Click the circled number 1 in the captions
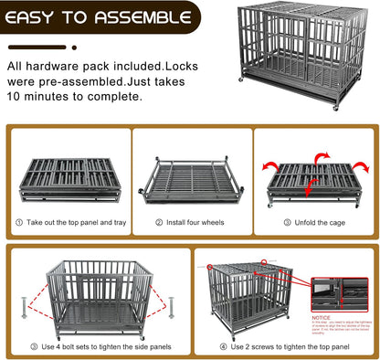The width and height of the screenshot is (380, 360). pos(18,222)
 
